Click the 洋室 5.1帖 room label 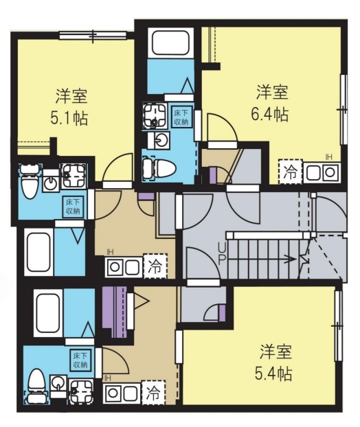click(71, 107)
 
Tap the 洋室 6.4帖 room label click(271, 103)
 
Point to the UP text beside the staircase click(221, 253)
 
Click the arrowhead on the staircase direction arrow click(293, 259)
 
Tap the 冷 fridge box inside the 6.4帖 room click(290, 172)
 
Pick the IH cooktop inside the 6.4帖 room click(322, 172)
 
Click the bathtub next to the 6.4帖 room click(170, 43)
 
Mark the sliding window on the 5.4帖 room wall click(339, 326)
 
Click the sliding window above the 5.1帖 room click(93, 36)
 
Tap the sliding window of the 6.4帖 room click(344, 109)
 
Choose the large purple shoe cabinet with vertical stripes click(115, 312)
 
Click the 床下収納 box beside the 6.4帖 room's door click(181, 117)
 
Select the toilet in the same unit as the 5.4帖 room click(36, 386)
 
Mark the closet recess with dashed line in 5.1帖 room click(34, 148)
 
